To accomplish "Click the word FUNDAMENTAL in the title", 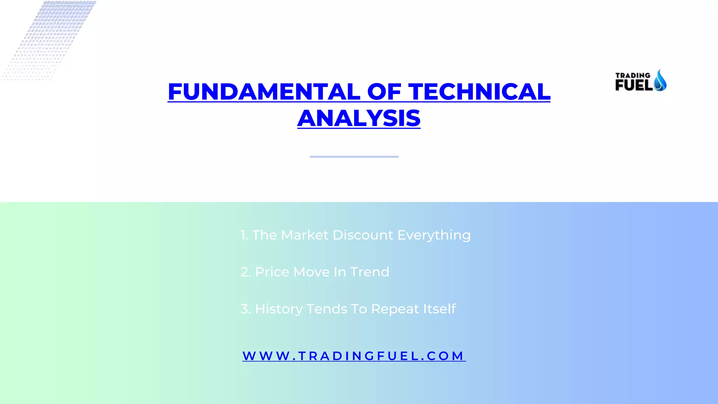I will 264,92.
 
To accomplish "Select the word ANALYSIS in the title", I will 359,118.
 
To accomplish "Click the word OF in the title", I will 384,92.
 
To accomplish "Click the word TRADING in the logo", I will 632,75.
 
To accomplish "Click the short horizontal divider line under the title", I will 354,156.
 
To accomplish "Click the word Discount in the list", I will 363,235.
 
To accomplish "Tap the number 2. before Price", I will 245,272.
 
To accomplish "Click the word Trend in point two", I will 370,272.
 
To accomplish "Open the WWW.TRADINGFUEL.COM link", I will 354,356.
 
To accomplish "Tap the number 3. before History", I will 245,309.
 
